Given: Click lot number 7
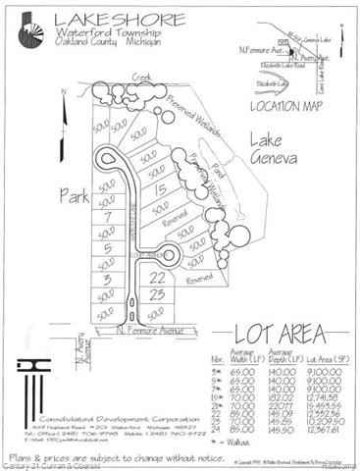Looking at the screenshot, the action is pos(106,215).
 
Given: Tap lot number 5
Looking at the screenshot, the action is pos(106,248).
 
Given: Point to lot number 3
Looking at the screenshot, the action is pos(106,280).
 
